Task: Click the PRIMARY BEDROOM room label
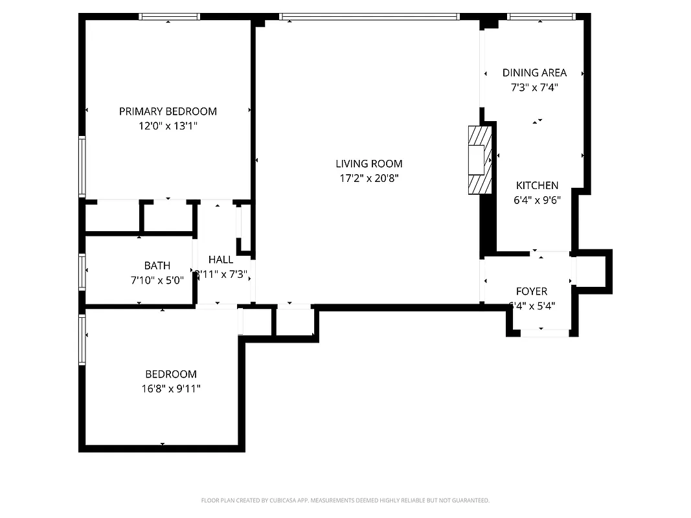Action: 168,111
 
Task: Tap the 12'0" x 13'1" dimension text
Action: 168,126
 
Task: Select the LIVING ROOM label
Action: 368,164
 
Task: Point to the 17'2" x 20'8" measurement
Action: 368,179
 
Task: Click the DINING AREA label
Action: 534,73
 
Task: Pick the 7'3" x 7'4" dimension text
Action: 534,87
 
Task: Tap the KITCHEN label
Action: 537,186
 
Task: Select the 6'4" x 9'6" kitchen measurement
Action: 537,200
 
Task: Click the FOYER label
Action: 531,291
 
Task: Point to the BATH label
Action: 157,265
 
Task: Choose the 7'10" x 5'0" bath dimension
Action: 157,280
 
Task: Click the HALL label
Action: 221,260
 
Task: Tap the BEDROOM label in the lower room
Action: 170,374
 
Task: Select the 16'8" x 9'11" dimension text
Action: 170,388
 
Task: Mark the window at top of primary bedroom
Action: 169,17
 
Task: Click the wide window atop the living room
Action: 369,17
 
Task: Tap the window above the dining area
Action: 541,17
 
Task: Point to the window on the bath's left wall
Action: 82,271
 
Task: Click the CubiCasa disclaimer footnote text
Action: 345,501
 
